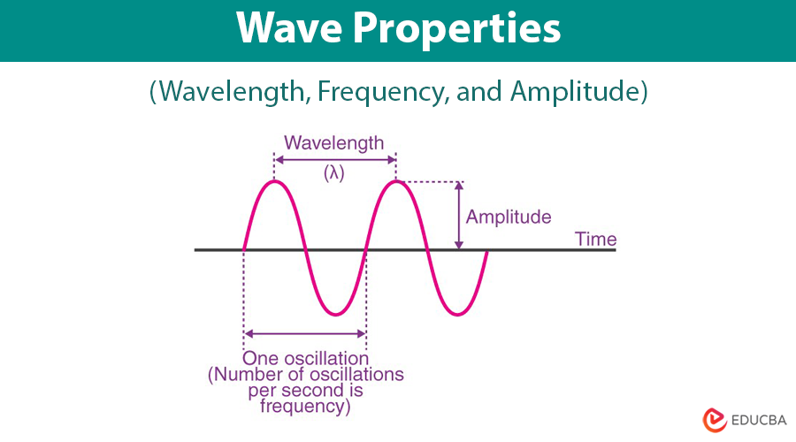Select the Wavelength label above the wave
(334, 142)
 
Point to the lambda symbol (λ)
(333, 173)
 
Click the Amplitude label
(509, 217)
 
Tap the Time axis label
(595, 239)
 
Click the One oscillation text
(306, 358)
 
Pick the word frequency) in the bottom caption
(306, 407)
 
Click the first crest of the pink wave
(275, 181)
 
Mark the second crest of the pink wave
(396, 181)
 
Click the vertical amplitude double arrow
(458, 216)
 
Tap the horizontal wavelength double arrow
(335, 159)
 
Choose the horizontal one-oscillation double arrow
(305, 334)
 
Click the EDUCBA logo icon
(714, 419)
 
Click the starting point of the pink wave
(243, 249)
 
